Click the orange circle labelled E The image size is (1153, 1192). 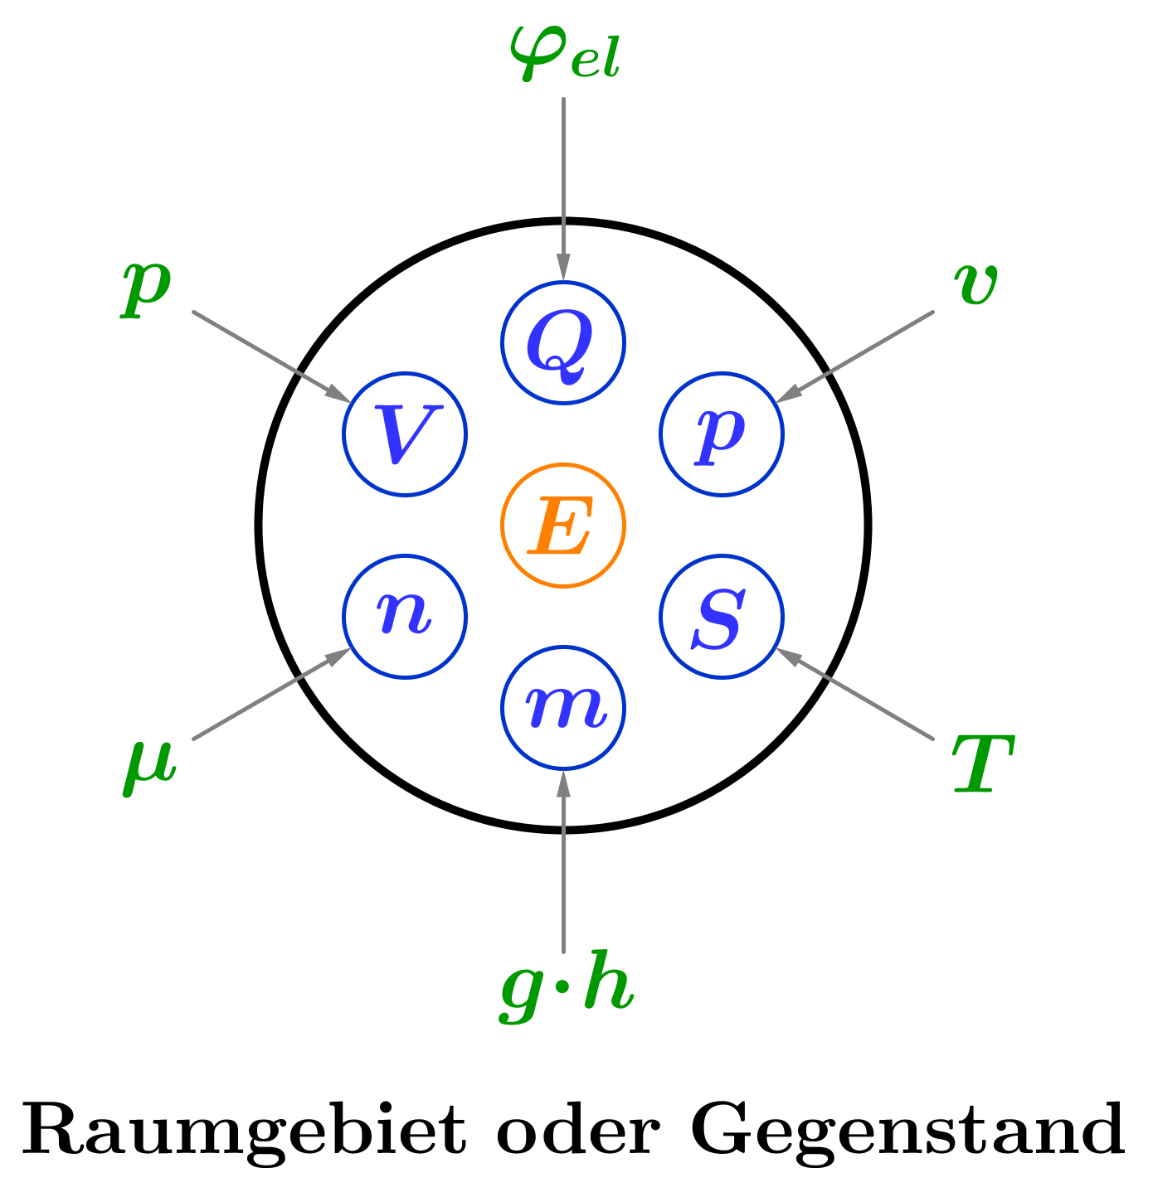pos(563,526)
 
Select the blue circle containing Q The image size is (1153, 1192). pos(563,342)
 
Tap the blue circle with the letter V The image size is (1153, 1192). pos(406,434)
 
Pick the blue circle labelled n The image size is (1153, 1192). pos(406,617)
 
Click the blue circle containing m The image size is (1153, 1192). pos(563,708)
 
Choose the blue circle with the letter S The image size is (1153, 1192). pos(722,617)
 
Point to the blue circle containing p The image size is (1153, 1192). pos(722,434)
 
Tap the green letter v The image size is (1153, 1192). pos(975,284)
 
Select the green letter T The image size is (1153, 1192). pos(982,764)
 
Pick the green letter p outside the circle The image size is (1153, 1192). pos(146,288)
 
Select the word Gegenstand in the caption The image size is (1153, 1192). pos(907,1129)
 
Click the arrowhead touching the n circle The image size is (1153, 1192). pos(340,655)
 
